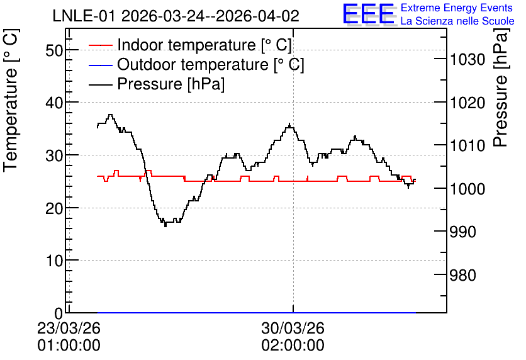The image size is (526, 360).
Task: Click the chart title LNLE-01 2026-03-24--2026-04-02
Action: pos(176,16)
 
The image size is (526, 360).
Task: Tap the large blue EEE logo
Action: pos(368,14)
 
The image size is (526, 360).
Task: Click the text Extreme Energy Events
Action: pos(457,8)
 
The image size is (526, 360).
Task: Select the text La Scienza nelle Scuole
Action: pos(457,21)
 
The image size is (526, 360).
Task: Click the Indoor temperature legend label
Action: pos(204,45)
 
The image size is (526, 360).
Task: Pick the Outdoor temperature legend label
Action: pos(211,64)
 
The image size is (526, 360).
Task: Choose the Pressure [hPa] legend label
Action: pos(171,84)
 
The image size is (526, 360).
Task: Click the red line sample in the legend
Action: pos(100,45)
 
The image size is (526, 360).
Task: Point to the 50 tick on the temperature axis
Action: pos(54,50)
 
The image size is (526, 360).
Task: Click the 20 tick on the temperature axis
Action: pos(54,208)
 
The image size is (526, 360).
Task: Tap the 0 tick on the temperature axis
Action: pos(59,313)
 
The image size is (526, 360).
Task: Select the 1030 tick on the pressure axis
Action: pos(467,60)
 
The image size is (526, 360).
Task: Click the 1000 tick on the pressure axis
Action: pos(467,189)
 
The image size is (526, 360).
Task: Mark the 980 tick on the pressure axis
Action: pos(462,275)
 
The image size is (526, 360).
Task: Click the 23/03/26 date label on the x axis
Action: pos(69,328)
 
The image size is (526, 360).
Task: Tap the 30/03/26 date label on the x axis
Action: pos(293,328)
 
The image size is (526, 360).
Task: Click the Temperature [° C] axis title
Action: pos(11,100)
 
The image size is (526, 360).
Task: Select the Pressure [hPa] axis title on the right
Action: pos(501,87)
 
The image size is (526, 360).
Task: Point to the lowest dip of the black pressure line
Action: pos(165,226)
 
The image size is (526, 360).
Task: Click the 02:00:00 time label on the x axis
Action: pos(293,346)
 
